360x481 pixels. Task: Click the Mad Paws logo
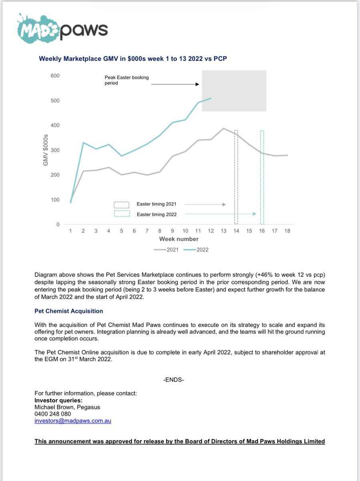62,28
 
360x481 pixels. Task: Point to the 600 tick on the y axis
54,76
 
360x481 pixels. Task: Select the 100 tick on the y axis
54,200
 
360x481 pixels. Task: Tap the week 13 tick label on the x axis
223,231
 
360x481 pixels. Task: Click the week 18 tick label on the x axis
287,231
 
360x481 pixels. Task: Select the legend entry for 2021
166,249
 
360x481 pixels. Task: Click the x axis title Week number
179,239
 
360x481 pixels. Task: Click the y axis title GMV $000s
46,150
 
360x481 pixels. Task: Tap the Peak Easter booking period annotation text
127,80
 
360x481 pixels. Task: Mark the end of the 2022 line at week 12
211,98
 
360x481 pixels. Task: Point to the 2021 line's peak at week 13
223,129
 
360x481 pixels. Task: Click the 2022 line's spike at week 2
83,142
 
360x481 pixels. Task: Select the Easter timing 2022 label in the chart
157,214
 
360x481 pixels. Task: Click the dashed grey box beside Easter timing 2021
122,204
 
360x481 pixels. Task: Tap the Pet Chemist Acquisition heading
69,311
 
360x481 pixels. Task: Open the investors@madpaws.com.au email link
73,421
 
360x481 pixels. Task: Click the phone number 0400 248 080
53,414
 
